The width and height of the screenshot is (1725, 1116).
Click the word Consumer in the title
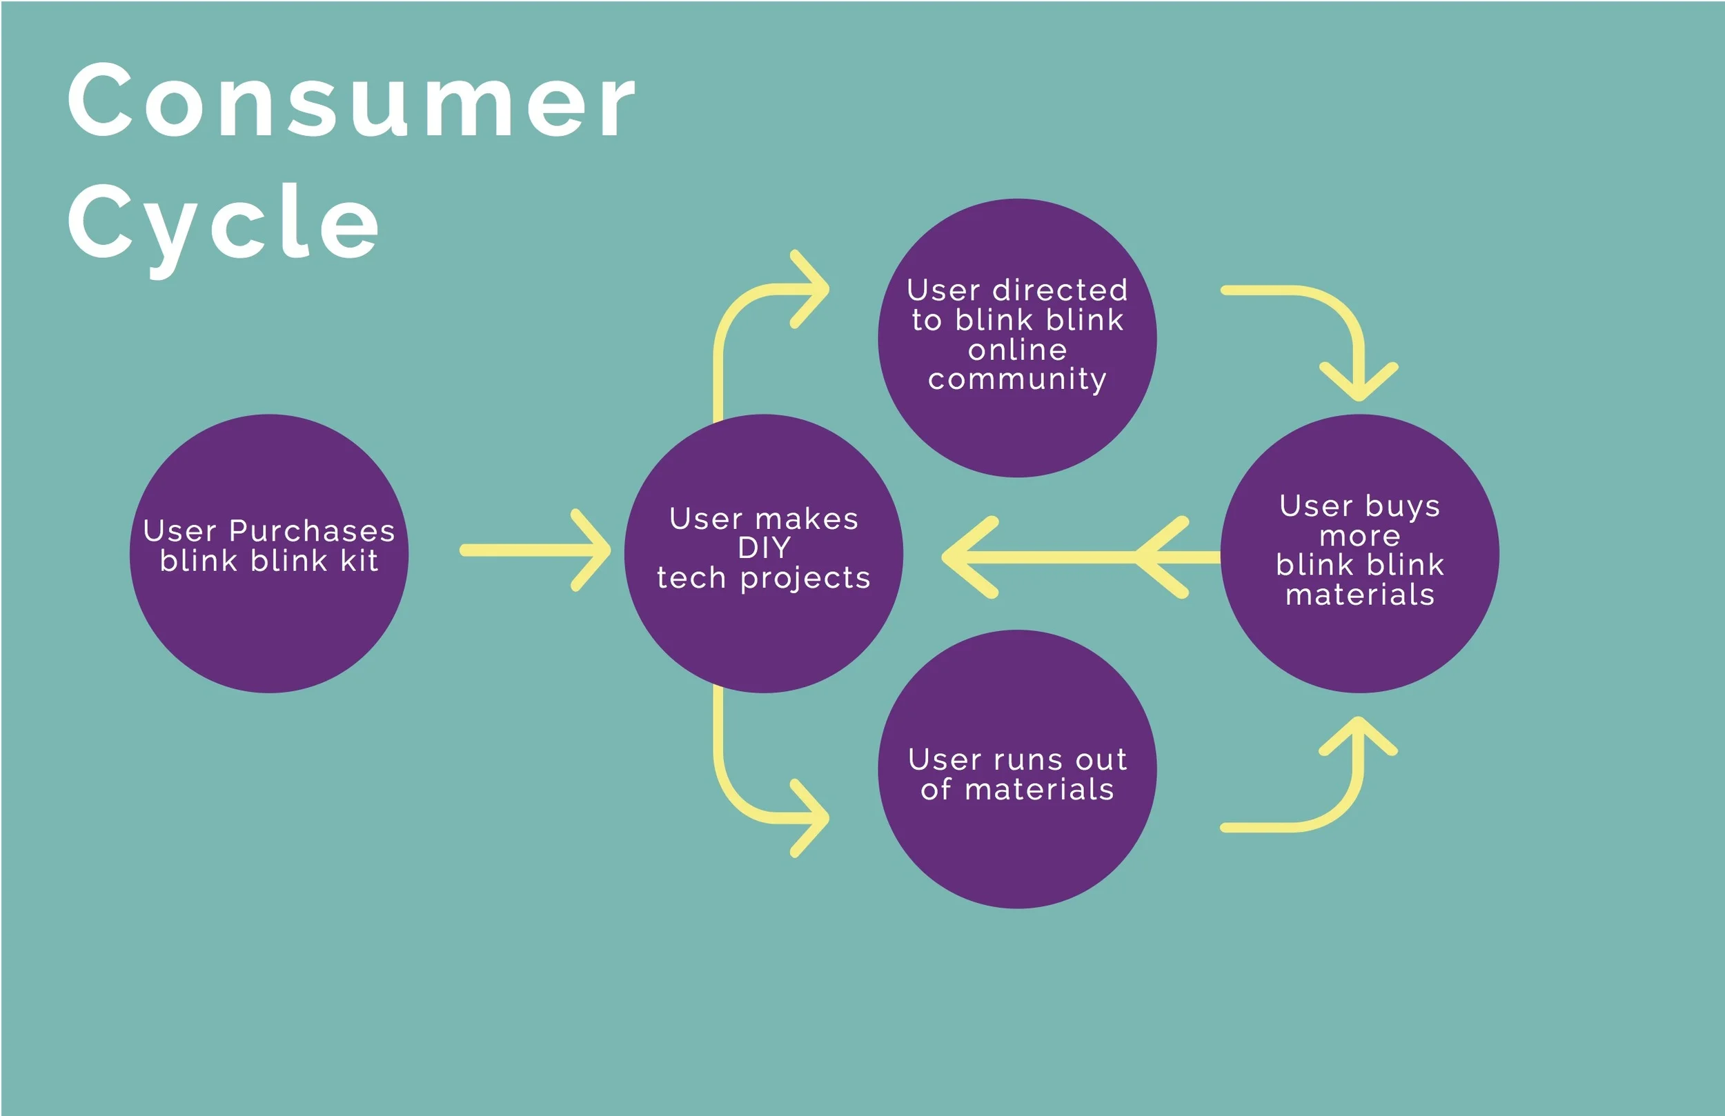pyautogui.click(x=351, y=101)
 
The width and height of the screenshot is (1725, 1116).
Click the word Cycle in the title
pyautogui.click(x=224, y=223)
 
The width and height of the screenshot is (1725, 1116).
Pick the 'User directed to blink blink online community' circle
pyautogui.click(x=1017, y=428)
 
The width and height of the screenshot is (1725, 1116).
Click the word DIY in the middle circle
pyautogui.click(x=764, y=548)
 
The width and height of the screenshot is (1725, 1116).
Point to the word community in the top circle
pyautogui.click(x=1017, y=379)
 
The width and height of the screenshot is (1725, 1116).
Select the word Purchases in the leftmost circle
pyautogui.click(x=312, y=531)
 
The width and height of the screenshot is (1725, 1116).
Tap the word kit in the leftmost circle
pyautogui.click(x=359, y=561)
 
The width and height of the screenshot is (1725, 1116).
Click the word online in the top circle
pyautogui.click(x=1017, y=350)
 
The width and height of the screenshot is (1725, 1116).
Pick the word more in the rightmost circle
pyautogui.click(x=1360, y=536)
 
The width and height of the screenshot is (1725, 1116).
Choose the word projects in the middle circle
pyautogui.click(x=805, y=578)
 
